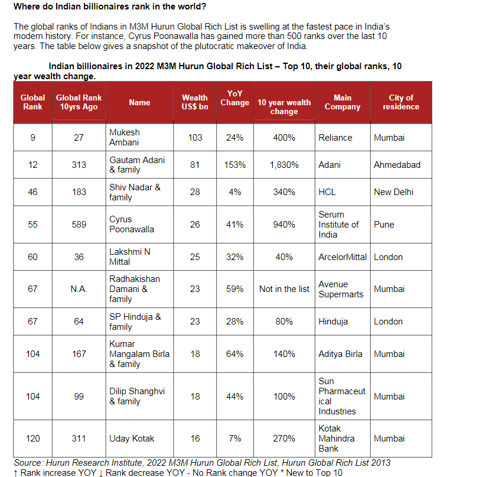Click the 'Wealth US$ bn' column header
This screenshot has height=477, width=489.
[194, 102]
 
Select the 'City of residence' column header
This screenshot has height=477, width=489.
[400, 102]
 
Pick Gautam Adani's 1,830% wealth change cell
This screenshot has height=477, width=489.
[283, 165]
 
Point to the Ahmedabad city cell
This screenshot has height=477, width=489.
[397, 165]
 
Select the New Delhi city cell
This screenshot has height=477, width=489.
[393, 192]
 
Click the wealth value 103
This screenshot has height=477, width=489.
[195, 138]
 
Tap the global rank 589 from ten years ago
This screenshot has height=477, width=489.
[79, 225]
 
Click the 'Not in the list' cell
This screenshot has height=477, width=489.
[284, 289]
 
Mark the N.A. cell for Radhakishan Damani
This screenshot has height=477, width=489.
[79, 289]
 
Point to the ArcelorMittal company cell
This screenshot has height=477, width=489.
[343, 257]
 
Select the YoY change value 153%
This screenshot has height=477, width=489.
[234, 165]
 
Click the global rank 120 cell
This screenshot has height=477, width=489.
[33, 439]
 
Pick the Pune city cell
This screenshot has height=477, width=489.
[384, 225]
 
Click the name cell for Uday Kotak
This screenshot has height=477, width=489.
[132, 439]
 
